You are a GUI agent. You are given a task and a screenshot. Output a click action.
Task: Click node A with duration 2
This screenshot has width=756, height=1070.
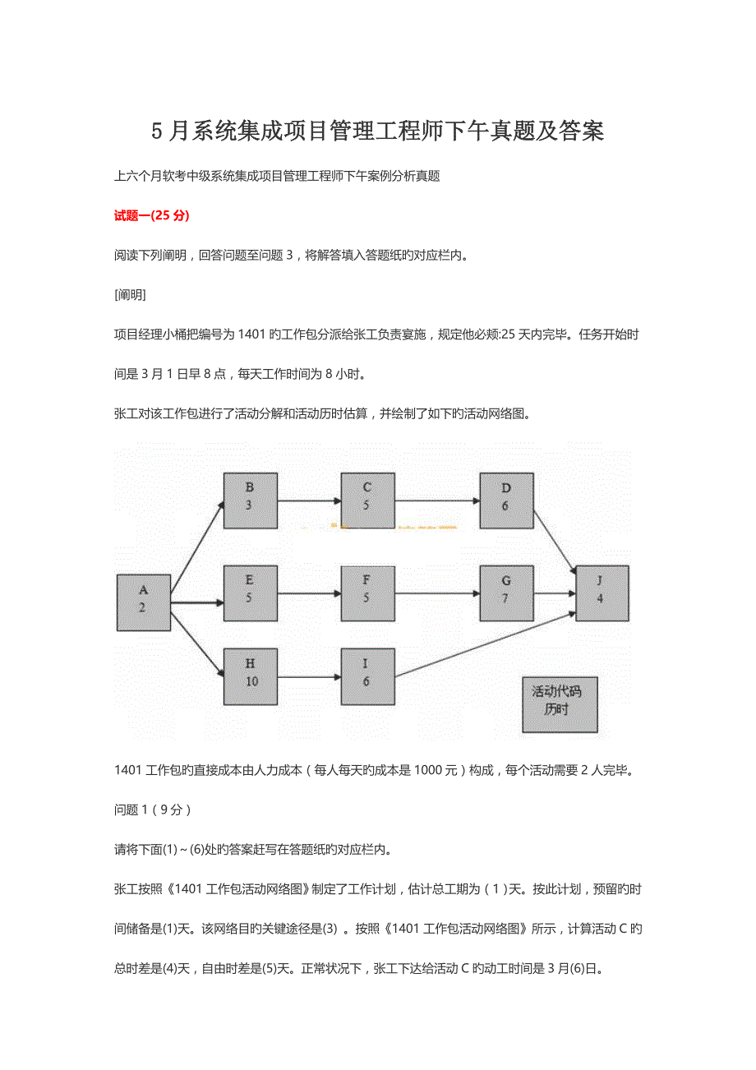(143, 602)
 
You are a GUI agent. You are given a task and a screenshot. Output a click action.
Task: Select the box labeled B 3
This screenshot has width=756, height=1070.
(250, 500)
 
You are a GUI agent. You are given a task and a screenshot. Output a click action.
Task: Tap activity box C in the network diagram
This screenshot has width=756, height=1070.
(367, 500)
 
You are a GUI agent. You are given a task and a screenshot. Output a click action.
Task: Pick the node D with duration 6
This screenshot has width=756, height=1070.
(506, 500)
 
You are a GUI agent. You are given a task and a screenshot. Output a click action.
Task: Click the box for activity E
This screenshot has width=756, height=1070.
(250, 593)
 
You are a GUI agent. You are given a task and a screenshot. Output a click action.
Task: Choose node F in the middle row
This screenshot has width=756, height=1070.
(367, 593)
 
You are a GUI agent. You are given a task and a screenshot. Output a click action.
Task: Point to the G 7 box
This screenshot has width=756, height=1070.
(506, 593)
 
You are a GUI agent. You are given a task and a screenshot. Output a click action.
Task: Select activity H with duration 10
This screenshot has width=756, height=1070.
(250, 676)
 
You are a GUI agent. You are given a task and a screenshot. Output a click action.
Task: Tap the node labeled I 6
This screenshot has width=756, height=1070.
(367, 676)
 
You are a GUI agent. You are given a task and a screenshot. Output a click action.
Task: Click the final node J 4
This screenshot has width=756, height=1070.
(602, 593)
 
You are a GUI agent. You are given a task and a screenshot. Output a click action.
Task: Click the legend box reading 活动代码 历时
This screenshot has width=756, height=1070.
(560, 704)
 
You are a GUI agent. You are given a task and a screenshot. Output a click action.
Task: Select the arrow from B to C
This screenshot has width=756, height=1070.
(309, 500)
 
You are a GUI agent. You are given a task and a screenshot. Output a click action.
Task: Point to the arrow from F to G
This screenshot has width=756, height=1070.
(436, 593)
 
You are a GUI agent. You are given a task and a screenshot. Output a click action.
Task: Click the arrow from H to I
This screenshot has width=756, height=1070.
(309, 677)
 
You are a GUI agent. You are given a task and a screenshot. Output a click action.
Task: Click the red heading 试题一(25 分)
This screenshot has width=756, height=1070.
(151, 215)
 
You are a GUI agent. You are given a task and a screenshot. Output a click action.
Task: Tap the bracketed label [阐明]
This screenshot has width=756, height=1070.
(130, 295)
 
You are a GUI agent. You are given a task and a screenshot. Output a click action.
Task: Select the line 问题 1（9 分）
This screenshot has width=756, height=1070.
(153, 809)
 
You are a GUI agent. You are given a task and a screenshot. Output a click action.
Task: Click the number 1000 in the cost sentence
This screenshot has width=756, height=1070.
(430, 770)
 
